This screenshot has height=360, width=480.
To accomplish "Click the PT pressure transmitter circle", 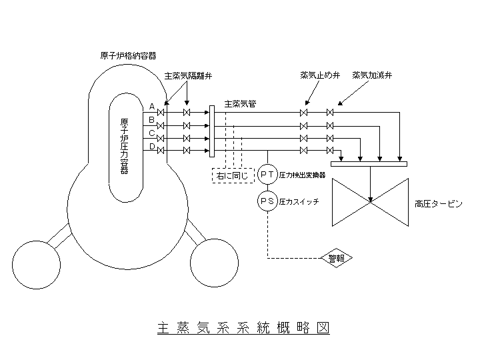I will tap(268, 175).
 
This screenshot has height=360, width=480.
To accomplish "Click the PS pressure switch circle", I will tap(268, 200).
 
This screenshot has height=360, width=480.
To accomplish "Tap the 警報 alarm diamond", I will tap(337, 258).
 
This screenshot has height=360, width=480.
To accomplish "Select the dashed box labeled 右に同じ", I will tap(231, 175).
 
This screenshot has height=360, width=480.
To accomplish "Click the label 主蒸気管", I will tap(240, 104).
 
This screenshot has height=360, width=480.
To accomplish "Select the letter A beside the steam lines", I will tap(152, 106).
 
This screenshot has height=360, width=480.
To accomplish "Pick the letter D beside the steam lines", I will tap(152, 147).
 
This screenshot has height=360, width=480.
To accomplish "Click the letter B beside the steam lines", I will tap(152, 120).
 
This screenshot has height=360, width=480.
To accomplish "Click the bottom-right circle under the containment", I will tap(214, 262).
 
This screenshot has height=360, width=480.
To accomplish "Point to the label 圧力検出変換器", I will tap(302, 175).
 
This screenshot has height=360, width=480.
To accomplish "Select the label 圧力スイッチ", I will tap(298, 200).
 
